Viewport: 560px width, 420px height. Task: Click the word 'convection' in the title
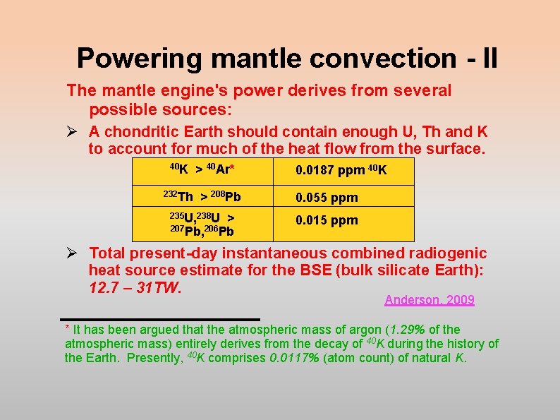(355, 58)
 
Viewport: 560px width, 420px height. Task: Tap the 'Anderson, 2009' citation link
(430, 300)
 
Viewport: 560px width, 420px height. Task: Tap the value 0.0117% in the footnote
(297, 358)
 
